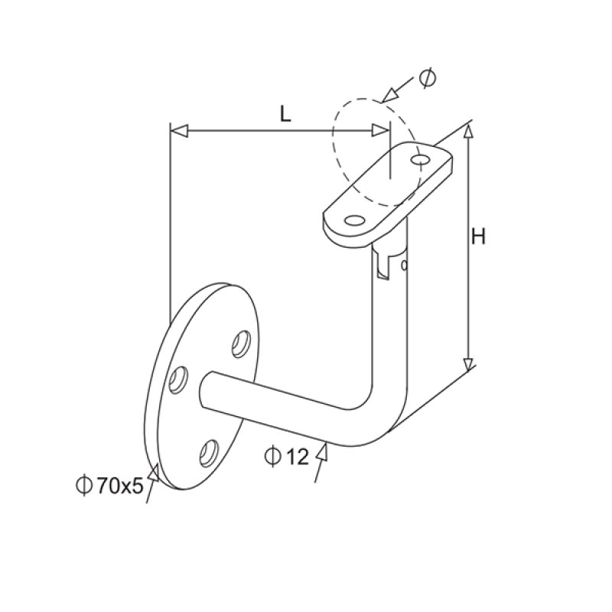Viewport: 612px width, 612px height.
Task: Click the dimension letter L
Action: (x=285, y=115)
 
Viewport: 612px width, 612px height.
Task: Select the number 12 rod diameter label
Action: (x=295, y=457)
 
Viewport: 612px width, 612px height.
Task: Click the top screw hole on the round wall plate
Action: (x=243, y=343)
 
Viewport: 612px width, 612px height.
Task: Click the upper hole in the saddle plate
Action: (x=419, y=159)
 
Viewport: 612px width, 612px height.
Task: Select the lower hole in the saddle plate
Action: (x=353, y=220)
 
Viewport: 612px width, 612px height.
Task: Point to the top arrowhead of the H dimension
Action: (x=469, y=132)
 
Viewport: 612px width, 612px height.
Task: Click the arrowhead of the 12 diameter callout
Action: (x=323, y=453)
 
